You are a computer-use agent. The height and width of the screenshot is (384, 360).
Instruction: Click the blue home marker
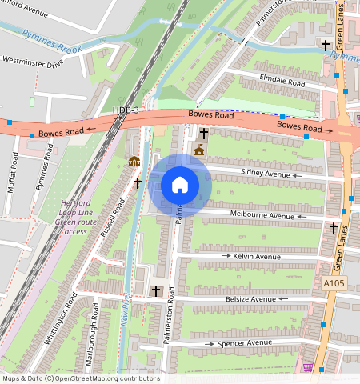(x=180, y=185)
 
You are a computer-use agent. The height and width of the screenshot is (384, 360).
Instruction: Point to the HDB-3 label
(x=126, y=110)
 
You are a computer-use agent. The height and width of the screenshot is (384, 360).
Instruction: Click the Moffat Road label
(x=14, y=166)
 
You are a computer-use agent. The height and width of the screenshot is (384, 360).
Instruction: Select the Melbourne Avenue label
(x=262, y=215)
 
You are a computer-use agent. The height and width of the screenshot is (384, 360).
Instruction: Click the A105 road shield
(x=334, y=284)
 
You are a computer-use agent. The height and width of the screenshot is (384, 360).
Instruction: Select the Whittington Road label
(x=61, y=318)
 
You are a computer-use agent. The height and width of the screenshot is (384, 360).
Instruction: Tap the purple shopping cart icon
(x=308, y=367)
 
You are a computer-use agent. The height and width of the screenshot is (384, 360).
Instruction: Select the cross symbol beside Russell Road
(x=137, y=183)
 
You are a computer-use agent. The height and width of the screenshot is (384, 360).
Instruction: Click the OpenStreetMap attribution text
(x=81, y=378)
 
